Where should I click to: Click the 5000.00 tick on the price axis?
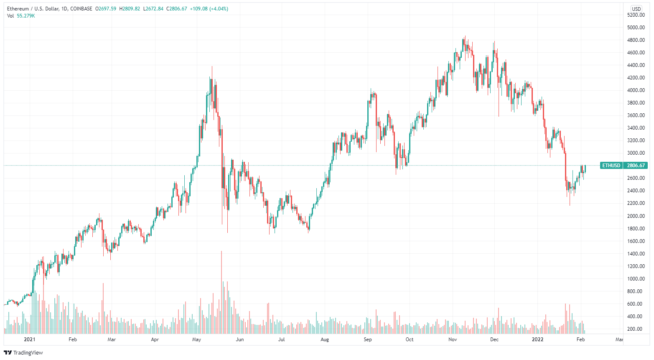coord(636,28)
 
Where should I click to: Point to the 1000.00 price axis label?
coord(636,279)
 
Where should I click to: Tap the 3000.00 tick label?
coord(636,153)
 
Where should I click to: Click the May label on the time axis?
coord(196,340)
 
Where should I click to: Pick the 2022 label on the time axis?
coord(537,340)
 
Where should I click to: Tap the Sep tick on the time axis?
coord(367,340)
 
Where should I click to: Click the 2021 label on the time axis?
coord(29,340)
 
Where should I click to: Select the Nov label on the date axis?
coord(453,340)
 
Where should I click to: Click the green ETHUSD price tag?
coord(611,166)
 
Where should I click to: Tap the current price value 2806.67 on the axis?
coord(636,166)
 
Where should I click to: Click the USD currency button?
coord(636,9)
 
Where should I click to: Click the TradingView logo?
coord(23,352)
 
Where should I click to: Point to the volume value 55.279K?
coord(26,16)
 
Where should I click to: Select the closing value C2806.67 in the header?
coord(176,9)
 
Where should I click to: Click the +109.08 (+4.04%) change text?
coord(209,9)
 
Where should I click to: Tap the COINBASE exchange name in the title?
coord(81,9)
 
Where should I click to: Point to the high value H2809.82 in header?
coord(130,9)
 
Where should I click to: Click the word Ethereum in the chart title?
coord(18,9)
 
